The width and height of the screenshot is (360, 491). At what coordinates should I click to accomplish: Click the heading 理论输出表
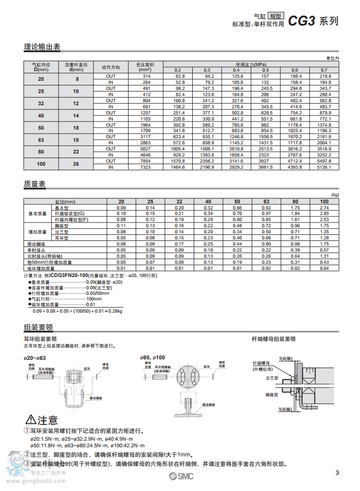coord(42,47)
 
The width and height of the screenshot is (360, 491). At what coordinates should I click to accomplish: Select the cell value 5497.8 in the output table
coord(325,161)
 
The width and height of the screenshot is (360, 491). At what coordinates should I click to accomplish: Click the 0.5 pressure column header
coord(265,70)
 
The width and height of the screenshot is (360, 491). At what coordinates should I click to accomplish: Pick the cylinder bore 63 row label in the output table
coord(41,140)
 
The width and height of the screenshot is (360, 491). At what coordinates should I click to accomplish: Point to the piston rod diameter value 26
coord(76,164)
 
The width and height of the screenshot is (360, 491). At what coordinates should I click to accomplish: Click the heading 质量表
coord(35,184)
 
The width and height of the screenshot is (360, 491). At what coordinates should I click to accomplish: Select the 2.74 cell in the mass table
coord(324,208)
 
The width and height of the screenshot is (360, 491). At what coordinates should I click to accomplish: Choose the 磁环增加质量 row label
coord(40,268)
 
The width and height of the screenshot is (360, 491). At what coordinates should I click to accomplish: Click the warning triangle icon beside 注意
coord(30,420)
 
